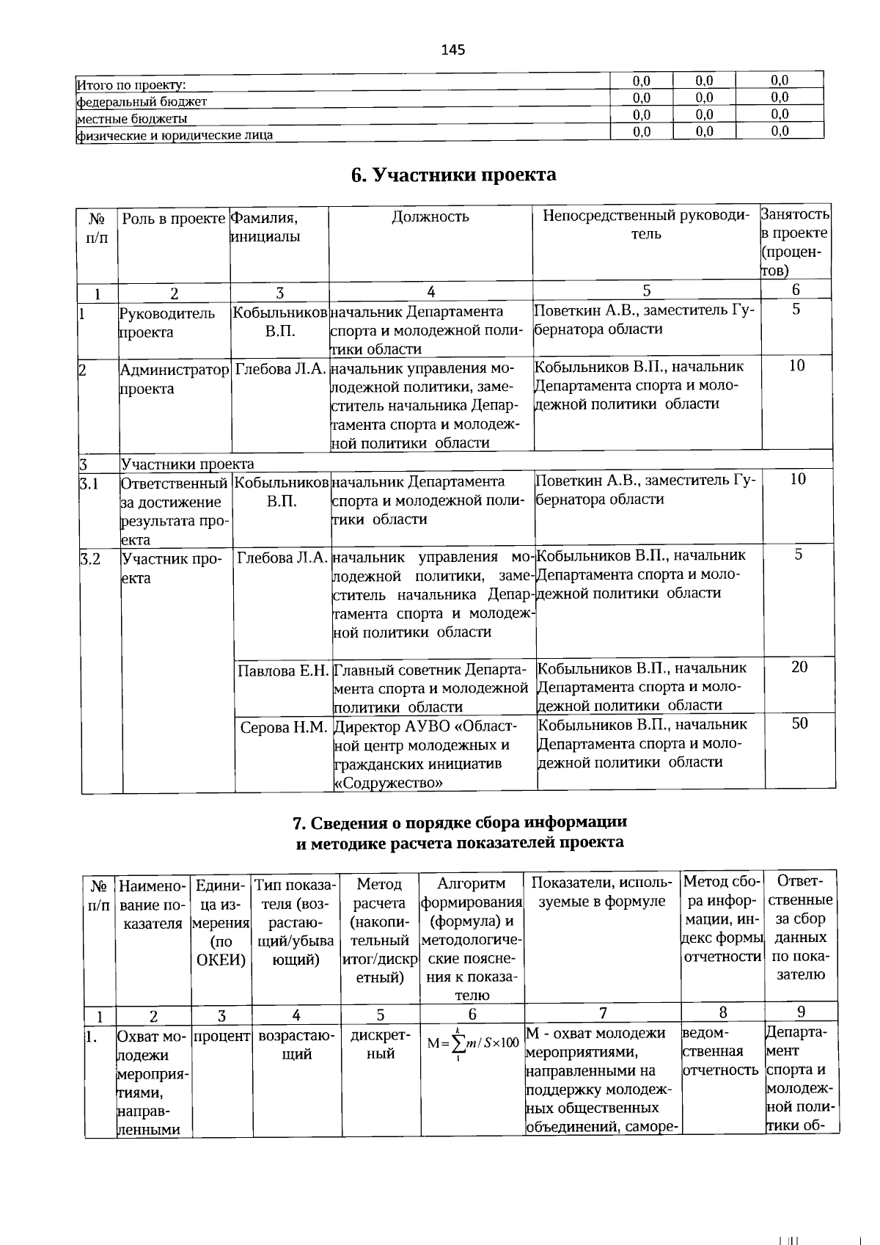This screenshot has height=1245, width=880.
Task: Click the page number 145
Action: (453, 50)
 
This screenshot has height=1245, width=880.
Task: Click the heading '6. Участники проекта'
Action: (453, 175)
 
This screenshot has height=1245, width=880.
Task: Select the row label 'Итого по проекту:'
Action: (131, 85)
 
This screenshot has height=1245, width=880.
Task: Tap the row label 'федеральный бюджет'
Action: (142, 102)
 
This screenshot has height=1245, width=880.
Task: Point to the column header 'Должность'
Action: (430, 216)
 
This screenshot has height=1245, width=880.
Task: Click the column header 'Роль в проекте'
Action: (174, 217)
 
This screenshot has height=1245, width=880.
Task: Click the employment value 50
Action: (799, 723)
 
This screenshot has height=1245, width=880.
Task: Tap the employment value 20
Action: (799, 667)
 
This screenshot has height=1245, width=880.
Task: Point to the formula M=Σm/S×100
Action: (473, 1043)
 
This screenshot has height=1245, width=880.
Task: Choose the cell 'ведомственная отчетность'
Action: (720, 1051)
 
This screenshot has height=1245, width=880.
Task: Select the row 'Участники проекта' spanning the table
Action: (188, 464)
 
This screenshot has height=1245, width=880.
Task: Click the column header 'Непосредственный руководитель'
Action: (646, 224)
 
